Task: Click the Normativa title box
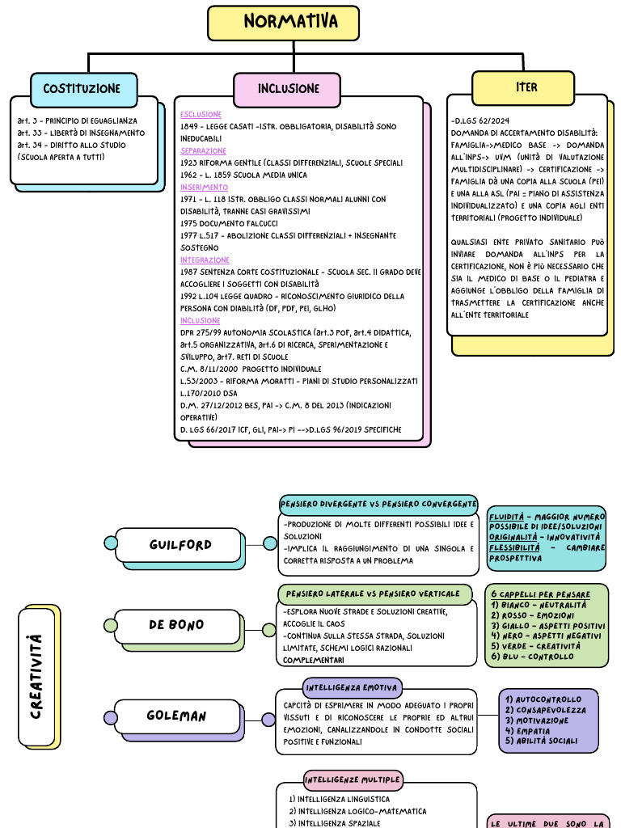point(283,22)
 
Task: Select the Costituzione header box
point(83,89)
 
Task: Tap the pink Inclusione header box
point(289,89)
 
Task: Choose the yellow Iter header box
point(526,87)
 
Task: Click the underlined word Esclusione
point(201,115)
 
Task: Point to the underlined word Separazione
point(203,150)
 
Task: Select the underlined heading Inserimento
point(203,187)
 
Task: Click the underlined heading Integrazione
point(205,260)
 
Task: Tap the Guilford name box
point(180,545)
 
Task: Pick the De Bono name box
point(176,625)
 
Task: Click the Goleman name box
point(176,716)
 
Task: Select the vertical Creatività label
point(36,676)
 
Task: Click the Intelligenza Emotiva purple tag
point(352,688)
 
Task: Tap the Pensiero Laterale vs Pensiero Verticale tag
point(374,594)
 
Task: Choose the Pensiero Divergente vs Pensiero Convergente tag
point(378,504)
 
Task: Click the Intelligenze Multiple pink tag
point(353,780)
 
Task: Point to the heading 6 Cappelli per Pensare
point(540,594)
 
